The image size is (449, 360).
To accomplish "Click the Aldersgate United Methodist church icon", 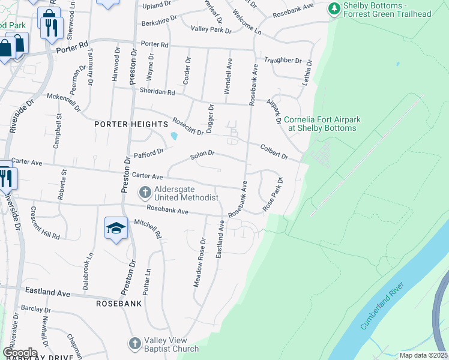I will (145, 193).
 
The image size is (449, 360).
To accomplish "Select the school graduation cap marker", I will (116, 228).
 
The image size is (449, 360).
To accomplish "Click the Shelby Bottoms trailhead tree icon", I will (333, 9).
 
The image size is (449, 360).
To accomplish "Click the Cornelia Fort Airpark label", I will (322, 124).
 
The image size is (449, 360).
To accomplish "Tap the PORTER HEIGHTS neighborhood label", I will (131, 124).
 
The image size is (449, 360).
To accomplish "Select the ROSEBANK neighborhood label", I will (119, 304).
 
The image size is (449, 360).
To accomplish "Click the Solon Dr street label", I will (202, 155).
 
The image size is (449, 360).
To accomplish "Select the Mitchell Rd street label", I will (148, 229).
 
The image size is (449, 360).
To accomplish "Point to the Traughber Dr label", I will (282, 61).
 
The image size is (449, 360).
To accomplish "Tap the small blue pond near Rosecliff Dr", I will (174, 136).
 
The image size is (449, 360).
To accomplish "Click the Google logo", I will (20, 352).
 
